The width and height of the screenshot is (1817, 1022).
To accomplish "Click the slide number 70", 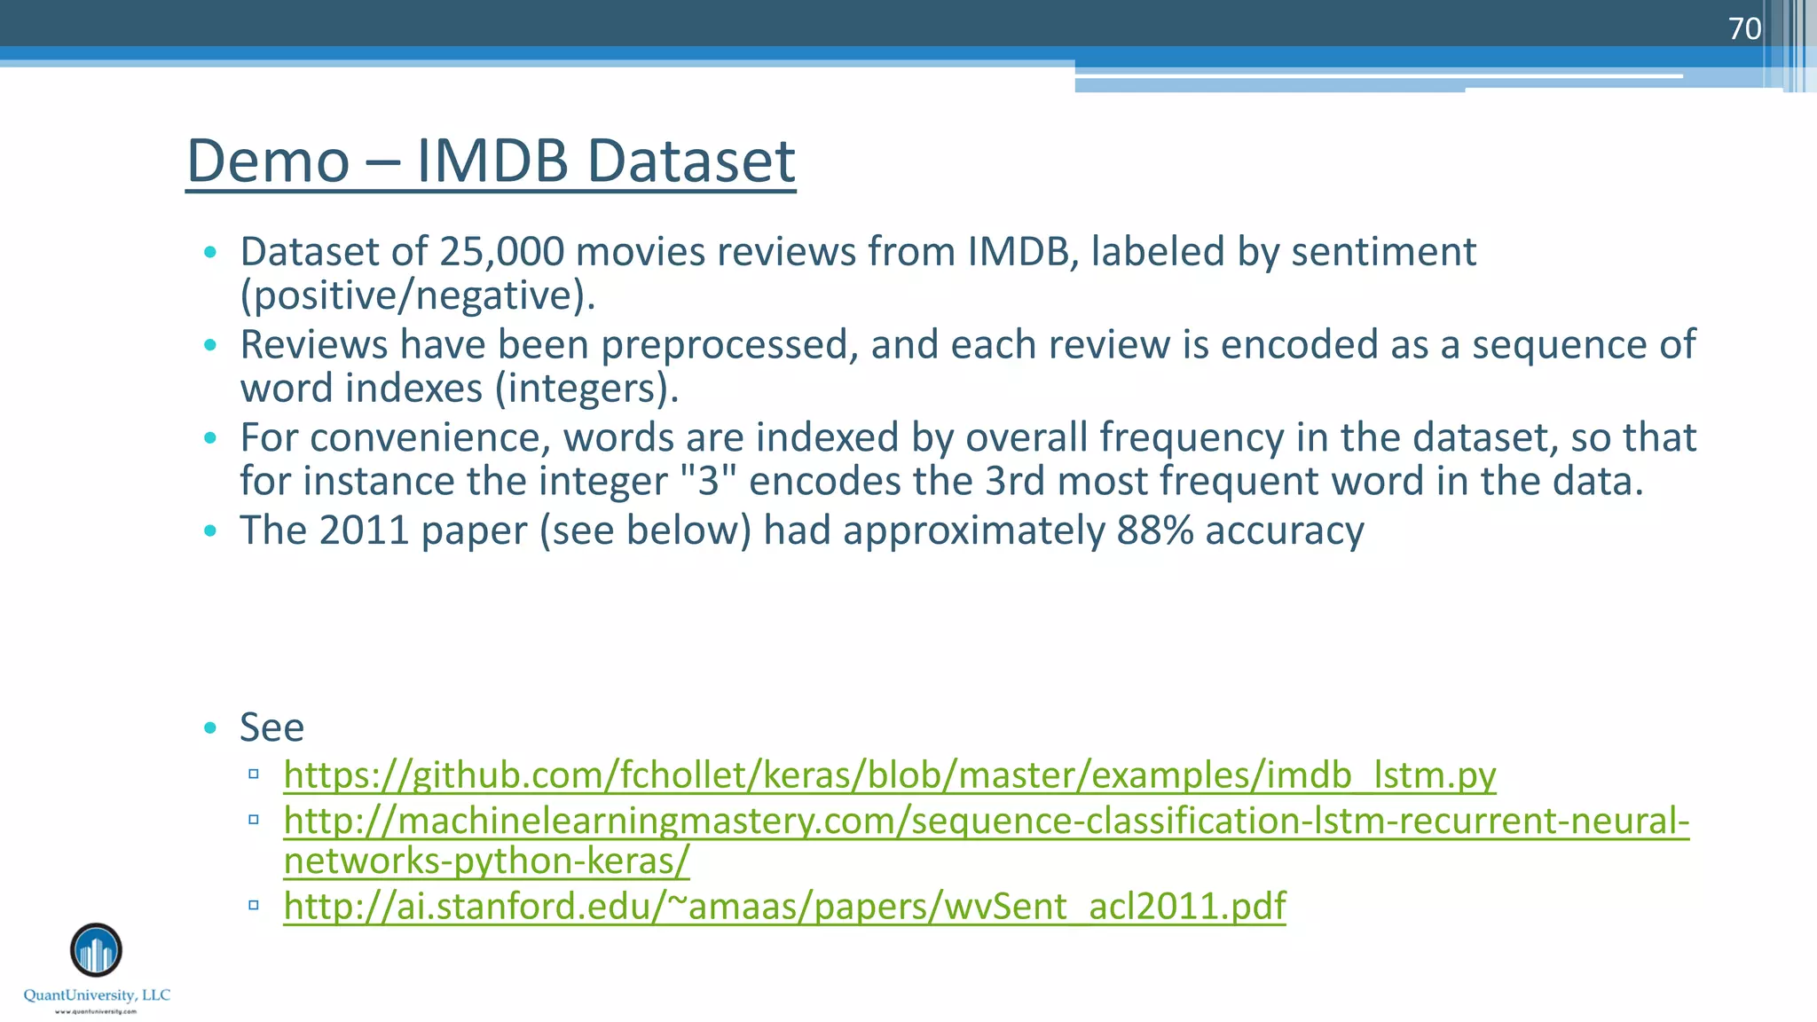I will tap(1744, 28).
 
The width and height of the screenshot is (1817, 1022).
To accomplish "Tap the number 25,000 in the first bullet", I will tap(501, 252).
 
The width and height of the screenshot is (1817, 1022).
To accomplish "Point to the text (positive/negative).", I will tap(418, 295).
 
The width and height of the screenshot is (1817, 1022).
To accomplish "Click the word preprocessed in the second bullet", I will tap(729, 345).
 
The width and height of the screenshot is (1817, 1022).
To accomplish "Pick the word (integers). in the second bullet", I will tap(586, 389).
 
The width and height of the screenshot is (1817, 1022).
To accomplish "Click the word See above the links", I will tap(271, 727).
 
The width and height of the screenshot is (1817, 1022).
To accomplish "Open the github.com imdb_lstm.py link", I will tap(889, 775).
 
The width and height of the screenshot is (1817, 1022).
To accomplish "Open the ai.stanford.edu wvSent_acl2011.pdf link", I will tap(784, 906).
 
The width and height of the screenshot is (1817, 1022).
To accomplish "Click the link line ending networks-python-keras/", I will tap(486, 861).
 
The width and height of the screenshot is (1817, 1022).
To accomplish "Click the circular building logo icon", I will tap(96, 950).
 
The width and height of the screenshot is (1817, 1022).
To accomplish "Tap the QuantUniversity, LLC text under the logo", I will tap(97, 995).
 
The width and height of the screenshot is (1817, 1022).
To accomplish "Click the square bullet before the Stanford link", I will tap(254, 905).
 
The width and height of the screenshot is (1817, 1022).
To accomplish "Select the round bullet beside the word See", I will tap(210, 728).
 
